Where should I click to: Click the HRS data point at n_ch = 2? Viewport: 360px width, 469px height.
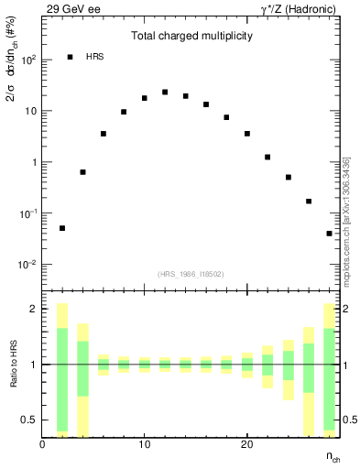[62, 228]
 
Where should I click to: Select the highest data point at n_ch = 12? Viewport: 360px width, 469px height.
[165, 93]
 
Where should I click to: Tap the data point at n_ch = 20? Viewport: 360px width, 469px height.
[247, 134]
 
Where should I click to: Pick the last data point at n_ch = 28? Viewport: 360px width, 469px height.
[329, 234]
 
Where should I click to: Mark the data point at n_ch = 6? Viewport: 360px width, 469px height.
[104, 134]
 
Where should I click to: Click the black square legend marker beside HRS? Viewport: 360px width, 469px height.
[71, 58]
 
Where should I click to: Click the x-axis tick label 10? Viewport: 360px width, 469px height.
[144, 444]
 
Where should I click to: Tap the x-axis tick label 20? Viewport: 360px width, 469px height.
[246, 444]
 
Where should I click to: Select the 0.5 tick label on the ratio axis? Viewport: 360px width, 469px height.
[29, 420]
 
